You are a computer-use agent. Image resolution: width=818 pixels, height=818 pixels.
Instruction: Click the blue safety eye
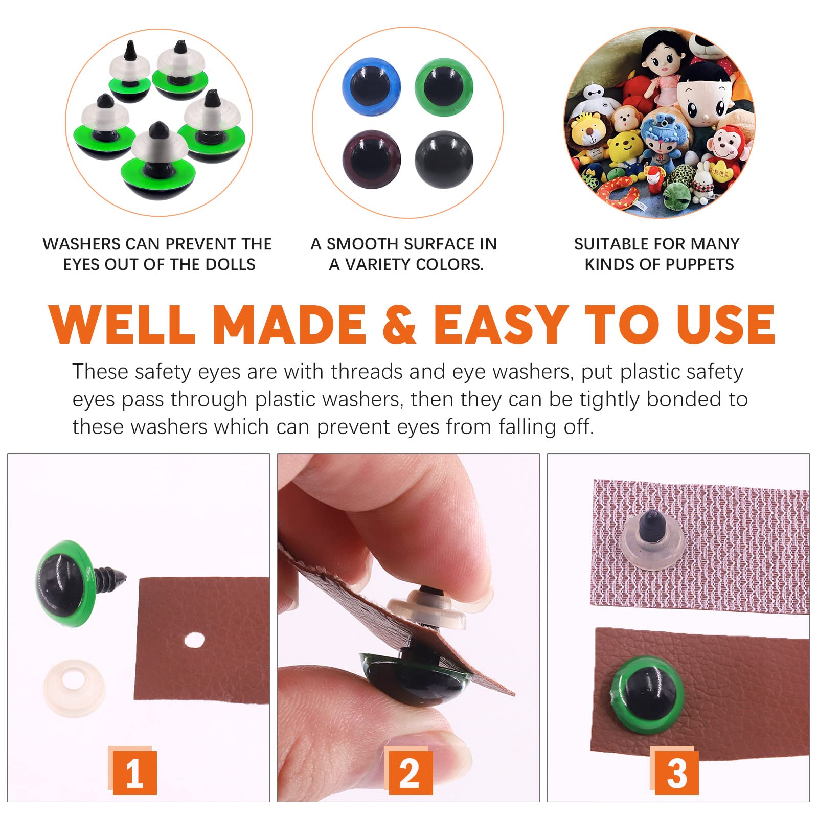click(x=372, y=87)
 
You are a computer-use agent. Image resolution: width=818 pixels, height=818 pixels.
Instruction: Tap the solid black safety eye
click(x=444, y=160)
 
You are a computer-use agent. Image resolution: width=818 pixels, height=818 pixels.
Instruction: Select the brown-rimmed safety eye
click(x=372, y=160)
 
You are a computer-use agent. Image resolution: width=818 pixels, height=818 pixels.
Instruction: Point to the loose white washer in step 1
click(x=75, y=688)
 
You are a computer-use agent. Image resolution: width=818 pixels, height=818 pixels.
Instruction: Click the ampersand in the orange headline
click(x=399, y=324)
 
